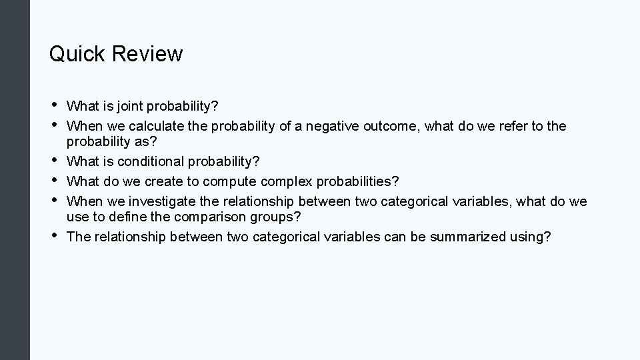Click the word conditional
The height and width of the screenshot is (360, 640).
[x=147, y=162]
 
